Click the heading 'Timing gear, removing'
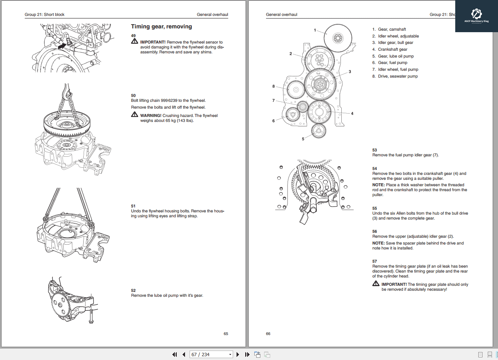point(161,26)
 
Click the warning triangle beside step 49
point(135,42)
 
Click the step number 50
point(133,95)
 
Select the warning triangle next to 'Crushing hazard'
point(135,115)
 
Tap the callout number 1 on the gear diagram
point(315,30)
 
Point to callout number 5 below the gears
point(303,139)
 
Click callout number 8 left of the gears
point(274,86)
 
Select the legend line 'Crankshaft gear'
point(392,49)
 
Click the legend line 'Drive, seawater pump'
point(398,76)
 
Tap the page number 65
point(226,334)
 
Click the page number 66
point(268,334)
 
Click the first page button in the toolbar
point(174,354)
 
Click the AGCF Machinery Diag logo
point(476,16)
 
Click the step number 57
point(375,261)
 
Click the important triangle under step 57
point(375,284)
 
